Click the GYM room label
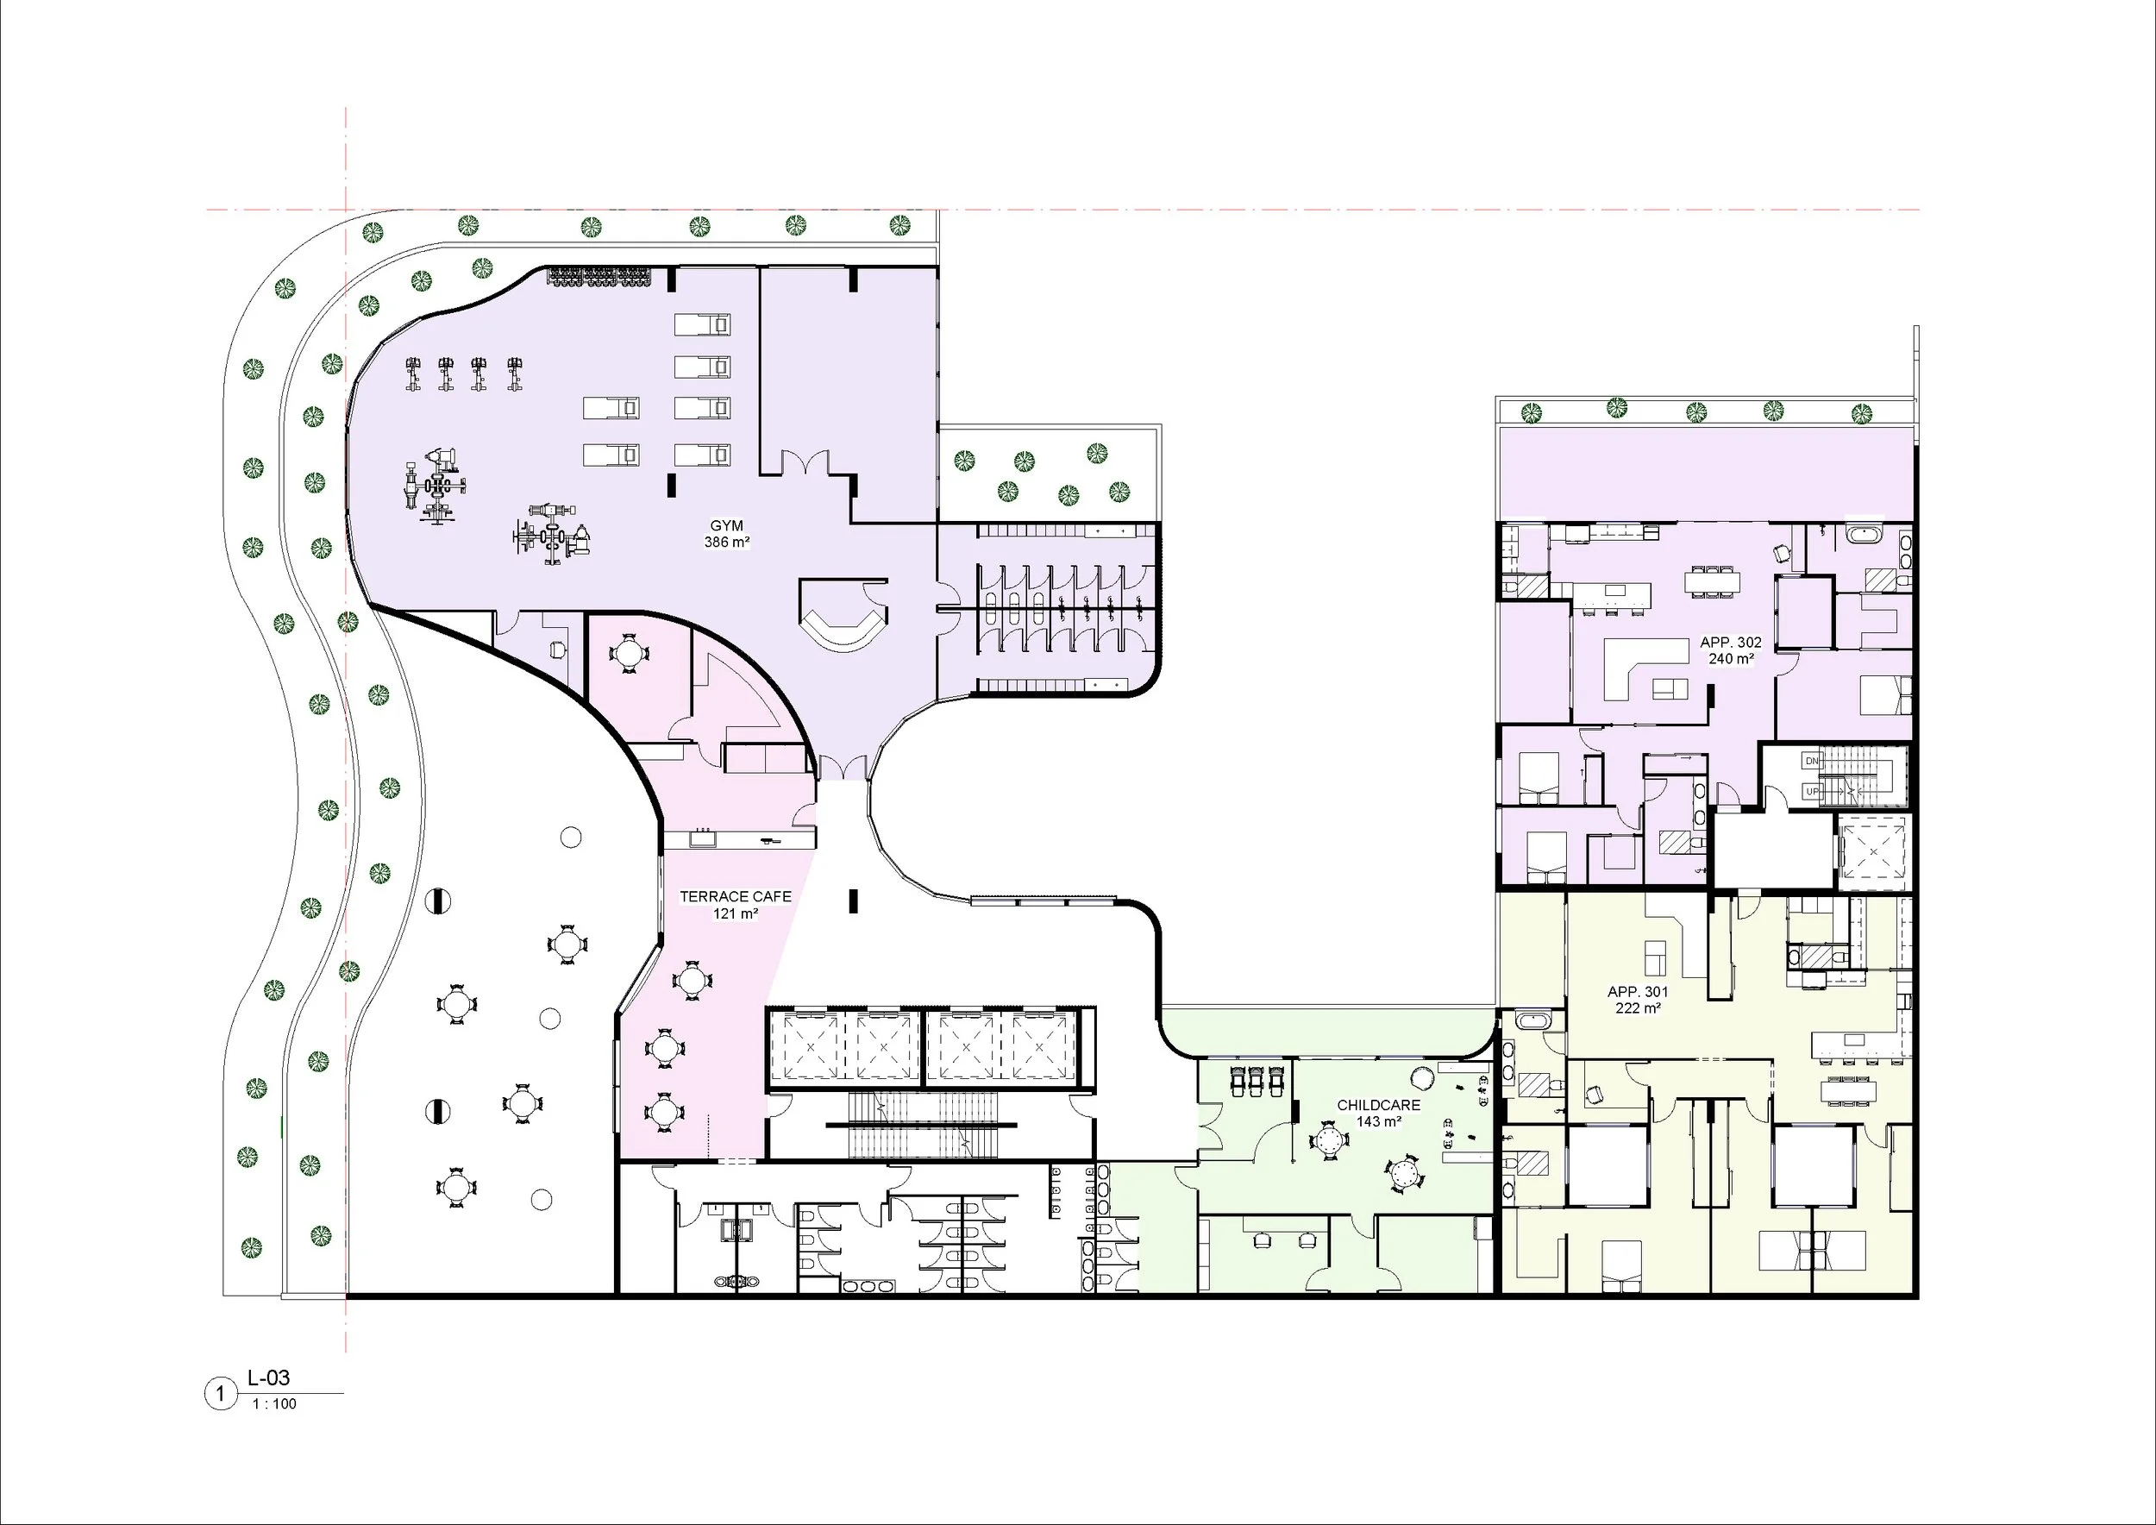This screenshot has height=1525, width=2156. pos(726,526)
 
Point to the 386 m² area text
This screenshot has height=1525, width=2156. pos(727,543)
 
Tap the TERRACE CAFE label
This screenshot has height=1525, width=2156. pos(736,897)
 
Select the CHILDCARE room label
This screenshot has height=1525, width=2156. pos(1378,1105)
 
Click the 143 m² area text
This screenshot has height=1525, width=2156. pos(1378,1122)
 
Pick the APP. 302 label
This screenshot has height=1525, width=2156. pos(1731,643)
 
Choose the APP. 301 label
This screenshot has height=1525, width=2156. pos(1638,992)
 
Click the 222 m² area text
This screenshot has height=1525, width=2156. pos(1638,1008)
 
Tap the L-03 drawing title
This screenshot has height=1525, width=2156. pos(268,1378)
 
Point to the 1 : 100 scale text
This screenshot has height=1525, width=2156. pos(274,1404)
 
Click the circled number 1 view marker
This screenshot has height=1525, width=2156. pos(221,1394)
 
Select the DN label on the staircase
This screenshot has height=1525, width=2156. pos(1812,761)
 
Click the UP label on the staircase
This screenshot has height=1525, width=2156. pos(1812,792)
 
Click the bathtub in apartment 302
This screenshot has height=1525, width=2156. pos(1863,537)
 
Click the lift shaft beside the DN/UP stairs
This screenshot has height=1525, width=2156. pos(1873,851)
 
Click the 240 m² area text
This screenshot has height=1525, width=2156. pos(1731,659)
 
